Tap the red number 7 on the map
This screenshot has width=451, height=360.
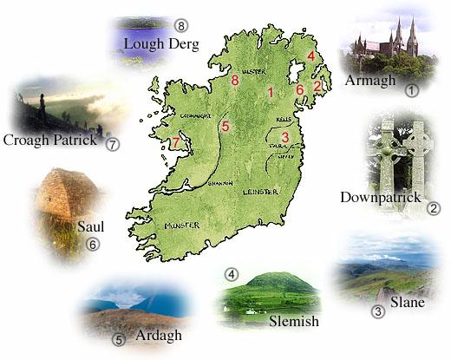tap(176, 142)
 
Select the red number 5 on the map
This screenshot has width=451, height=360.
tap(225, 128)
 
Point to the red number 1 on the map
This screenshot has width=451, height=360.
tap(271, 92)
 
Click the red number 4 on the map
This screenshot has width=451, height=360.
tap(310, 56)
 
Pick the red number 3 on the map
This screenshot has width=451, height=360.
tap(285, 136)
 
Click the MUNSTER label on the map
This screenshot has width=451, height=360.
tap(182, 226)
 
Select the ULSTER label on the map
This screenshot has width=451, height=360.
tap(253, 71)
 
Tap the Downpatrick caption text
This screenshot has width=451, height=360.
tap(379, 197)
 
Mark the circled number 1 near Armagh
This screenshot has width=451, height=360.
tap(412, 88)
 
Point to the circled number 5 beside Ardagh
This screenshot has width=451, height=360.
tap(120, 339)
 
